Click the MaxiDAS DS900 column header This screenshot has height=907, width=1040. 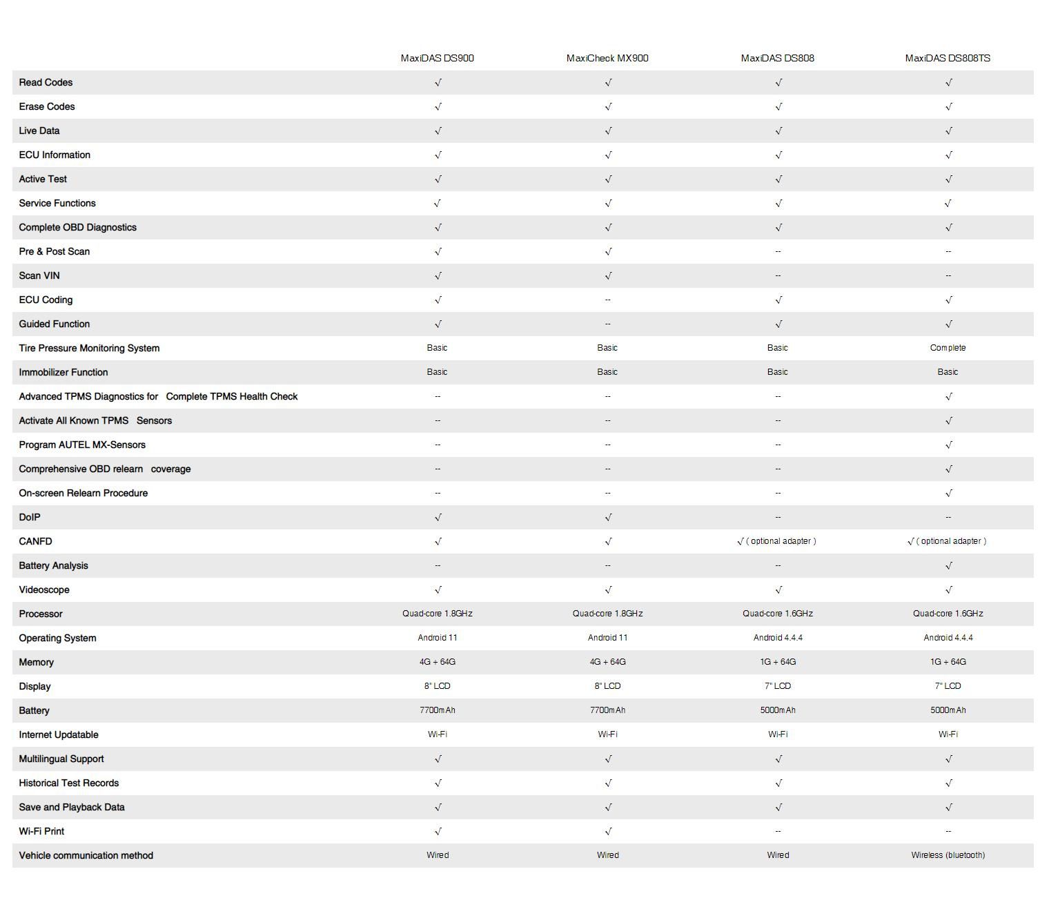[x=437, y=58]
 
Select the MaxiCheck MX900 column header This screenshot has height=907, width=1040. [x=607, y=58]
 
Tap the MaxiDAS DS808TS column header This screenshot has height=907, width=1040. [x=948, y=58]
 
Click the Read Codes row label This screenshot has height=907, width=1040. [x=46, y=82]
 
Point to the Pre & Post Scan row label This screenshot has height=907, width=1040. [x=54, y=251]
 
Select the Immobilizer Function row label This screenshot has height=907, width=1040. [x=63, y=372]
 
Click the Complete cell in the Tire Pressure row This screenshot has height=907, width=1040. [x=948, y=348]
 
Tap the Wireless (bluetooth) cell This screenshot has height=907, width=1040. [x=948, y=855]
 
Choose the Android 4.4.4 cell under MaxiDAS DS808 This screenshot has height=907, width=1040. [x=778, y=638]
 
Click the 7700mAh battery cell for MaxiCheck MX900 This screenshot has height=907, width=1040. [x=607, y=710]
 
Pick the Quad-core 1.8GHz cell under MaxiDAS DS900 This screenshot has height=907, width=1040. [x=437, y=614]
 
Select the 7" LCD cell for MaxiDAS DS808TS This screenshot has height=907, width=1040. [x=948, y=686]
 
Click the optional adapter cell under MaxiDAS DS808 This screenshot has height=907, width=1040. [x=777, y=541]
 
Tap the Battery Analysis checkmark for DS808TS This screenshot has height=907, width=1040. [x=948, y=565]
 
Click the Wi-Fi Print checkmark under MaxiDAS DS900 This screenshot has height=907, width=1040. [x=438, y=831]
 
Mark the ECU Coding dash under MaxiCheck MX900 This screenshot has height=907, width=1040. [x=607, y=300]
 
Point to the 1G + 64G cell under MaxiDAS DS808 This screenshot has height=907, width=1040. [x=778, y=662]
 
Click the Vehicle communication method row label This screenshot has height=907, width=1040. [x=86, y=855]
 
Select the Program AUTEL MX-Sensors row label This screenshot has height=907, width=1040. [x=82, y=445]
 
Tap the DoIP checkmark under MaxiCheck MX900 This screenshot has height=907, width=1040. [x=608, y=517]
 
